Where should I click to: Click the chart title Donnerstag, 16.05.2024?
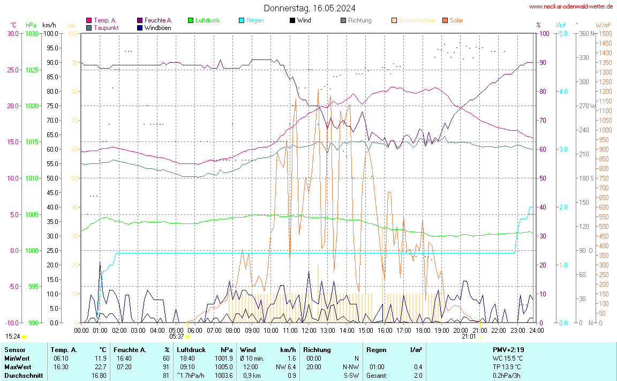pyautogui.click(x=309, y=8)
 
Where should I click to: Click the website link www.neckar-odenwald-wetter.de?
pyautogui.click(x=571, y=6)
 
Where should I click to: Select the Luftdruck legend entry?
pyautogui.click(x=207, y=20)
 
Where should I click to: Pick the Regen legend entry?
pyautogui.click(x=254, y=20)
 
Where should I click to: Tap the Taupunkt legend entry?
pyautogui.click(x=106, y=27)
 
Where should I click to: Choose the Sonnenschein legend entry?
pyautogui.click(x=417, y=20)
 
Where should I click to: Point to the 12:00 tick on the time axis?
pyautogui.click(x=309, y=330)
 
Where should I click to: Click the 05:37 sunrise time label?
pyautogui.click(x=177, y=337)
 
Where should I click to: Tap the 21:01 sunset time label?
pyautogui.click(x=469, y=337)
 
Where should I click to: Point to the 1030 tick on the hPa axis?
pyautogui.click(x=32, y=33)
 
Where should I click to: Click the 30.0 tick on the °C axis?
pyautogui.click(x=13, y=33)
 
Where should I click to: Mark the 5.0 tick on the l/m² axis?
pyautogui.click(x=563, y=33)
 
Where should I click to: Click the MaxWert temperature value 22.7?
pyautogui.click(x=101, y=367)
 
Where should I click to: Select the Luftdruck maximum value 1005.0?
pyautogui.click(x=224, y=367)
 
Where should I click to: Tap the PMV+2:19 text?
pyautogui.click(x=508, y=349)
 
